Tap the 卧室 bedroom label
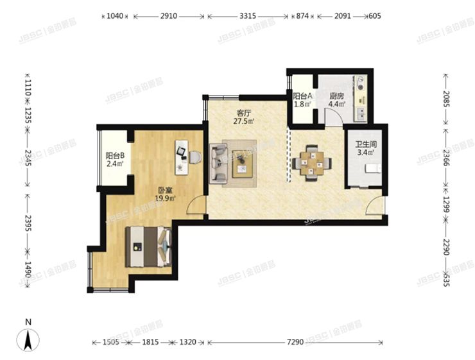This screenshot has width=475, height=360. (166, 189)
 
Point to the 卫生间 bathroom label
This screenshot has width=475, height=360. (365, 145)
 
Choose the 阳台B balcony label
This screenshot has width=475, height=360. (116, 155)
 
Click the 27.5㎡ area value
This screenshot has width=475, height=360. (243, 120)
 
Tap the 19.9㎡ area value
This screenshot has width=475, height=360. (166, 198)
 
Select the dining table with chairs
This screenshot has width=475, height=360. (311, 162)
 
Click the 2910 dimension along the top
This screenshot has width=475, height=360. (169, 15)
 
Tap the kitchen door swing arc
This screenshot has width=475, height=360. (332, 117)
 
